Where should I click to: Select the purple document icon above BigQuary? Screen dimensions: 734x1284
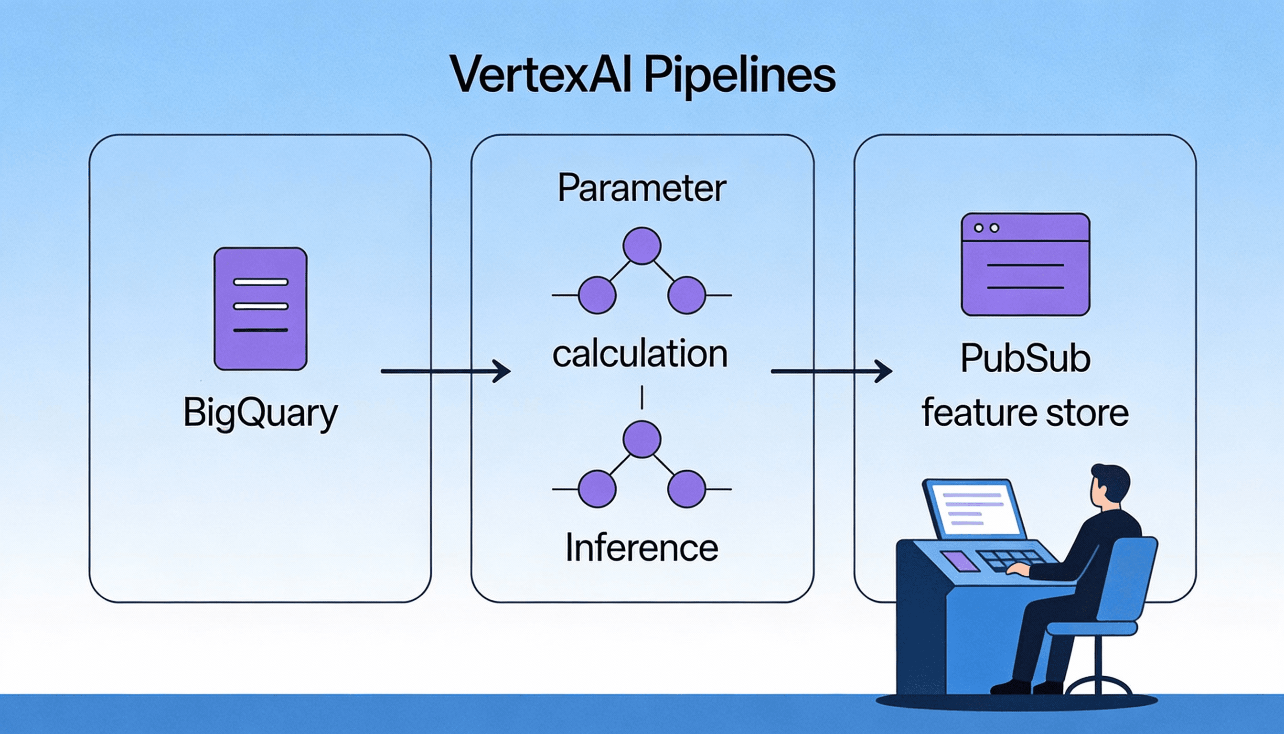pos(260,309)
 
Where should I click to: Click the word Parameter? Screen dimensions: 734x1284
pos(642,189)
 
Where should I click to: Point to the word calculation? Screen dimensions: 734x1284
pos(640,354)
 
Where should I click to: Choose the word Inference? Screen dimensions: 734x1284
pos(642,548)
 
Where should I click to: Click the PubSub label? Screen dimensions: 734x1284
pos(1025,359)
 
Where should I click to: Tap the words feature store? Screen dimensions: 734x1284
pos(1025,413)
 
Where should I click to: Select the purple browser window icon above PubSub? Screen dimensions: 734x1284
pos(1026,264)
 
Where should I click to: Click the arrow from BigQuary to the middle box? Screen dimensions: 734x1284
pos(446,371)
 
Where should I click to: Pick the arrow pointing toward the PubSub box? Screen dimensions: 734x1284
pos(832,371)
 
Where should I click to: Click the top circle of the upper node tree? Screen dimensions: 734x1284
pos(642,246)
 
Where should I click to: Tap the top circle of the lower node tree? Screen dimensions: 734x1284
pos(642,439)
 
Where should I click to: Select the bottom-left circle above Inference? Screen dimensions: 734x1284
pos(597,488)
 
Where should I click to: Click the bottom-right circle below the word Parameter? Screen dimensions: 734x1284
pos(686,295)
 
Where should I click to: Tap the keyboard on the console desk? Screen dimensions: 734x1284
pos(1013,560)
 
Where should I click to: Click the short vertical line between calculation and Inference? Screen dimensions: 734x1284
pos(642,397)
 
